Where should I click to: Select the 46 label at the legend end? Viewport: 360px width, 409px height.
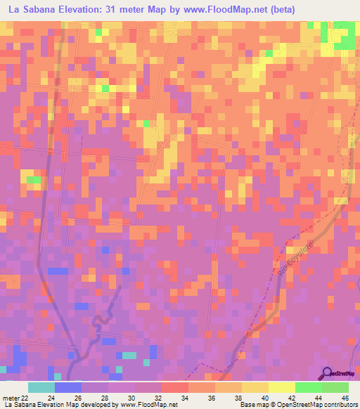coord(345,398)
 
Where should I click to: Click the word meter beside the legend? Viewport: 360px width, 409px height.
coord(11,398)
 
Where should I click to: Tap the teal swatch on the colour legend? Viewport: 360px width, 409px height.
coord(41,387)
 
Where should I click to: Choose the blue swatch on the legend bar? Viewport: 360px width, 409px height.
coord(67,387)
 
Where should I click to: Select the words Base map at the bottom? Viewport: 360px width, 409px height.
coord(254,405)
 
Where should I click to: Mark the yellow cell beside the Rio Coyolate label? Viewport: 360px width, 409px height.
coord(289,250)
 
